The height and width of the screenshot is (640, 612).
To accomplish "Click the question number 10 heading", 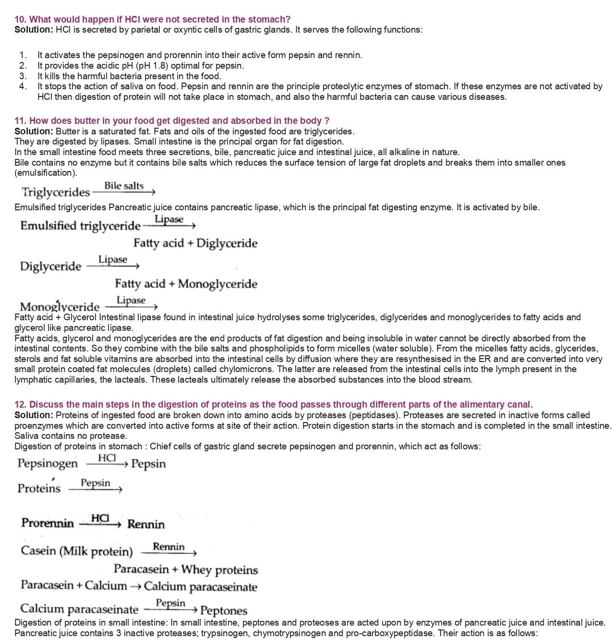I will click(x=152, y=19).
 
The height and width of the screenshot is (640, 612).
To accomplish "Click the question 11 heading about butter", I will click(x=172, y=121).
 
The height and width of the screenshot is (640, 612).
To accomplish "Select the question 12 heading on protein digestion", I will click(x=274, y=404).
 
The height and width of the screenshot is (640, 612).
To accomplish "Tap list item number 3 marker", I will click(x=23, y=76).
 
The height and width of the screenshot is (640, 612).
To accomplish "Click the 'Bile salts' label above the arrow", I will click(x=124, y=186).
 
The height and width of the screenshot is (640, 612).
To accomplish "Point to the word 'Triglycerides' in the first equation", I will click(x=56, y=193).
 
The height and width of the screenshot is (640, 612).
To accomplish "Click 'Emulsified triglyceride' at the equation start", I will click(x=80, y=226).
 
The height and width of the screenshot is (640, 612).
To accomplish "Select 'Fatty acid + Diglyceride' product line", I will click(x=195, y=243).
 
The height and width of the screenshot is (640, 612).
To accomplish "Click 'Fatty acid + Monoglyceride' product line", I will click(x=186, y=284).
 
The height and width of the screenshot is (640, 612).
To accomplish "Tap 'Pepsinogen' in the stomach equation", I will click(x=48, y=464).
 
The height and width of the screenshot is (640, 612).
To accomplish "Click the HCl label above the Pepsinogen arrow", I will click(x=107, y=458).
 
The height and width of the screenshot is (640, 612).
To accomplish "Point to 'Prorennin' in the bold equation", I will click(x=48, y=523).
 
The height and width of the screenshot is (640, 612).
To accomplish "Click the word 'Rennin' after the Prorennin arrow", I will click(x=146, y=524).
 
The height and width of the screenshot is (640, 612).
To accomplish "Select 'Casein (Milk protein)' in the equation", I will click(x=77, y=551).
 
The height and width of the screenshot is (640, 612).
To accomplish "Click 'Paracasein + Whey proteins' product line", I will click(x=186, y=570).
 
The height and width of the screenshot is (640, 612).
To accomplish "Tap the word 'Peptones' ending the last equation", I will click(x=224, y=611).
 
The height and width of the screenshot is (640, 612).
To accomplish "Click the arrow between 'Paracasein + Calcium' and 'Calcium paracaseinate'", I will click(x=135, y=587).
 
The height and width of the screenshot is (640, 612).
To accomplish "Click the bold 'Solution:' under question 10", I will click(x=34, y=30).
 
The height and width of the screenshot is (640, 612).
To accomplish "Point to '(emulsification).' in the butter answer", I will click(x=46, y=173).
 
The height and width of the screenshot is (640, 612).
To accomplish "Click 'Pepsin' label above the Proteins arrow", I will click(x=96, y=483).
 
